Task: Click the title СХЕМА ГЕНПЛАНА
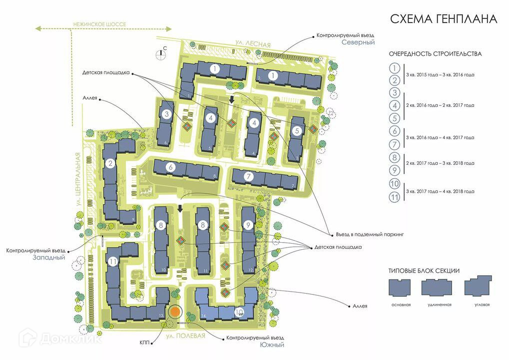[x=443, y=19]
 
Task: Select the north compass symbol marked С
[x=161, y=55]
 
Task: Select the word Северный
[x=358, y=43]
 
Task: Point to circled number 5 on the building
[x=297, y=131]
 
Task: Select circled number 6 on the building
[x=171, y=168]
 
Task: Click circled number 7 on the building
[x=249, y=176]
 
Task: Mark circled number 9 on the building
[x=248, y=225]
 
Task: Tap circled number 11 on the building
[x=113, y=261]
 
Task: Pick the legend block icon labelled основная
[x=401, y=288]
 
